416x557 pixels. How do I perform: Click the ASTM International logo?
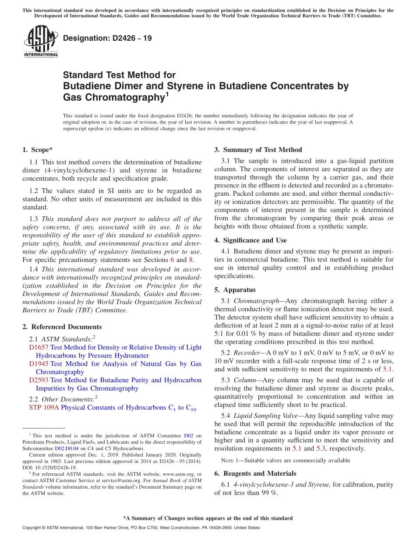tap(41, 42)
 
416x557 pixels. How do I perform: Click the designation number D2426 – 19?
tap(107, 38)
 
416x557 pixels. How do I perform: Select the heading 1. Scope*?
tap(38, 150)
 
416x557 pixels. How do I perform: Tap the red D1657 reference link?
tap(39, 347)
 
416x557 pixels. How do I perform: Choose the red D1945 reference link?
tap(39, 364)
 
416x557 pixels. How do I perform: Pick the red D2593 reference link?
tap(39, 380)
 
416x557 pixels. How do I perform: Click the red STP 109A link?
tap(44, 408)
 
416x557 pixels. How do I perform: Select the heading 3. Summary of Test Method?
tap(258, 150)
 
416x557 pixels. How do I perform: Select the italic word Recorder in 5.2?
tap(247, 353)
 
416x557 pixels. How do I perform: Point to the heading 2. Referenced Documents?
tap(62, 327)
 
